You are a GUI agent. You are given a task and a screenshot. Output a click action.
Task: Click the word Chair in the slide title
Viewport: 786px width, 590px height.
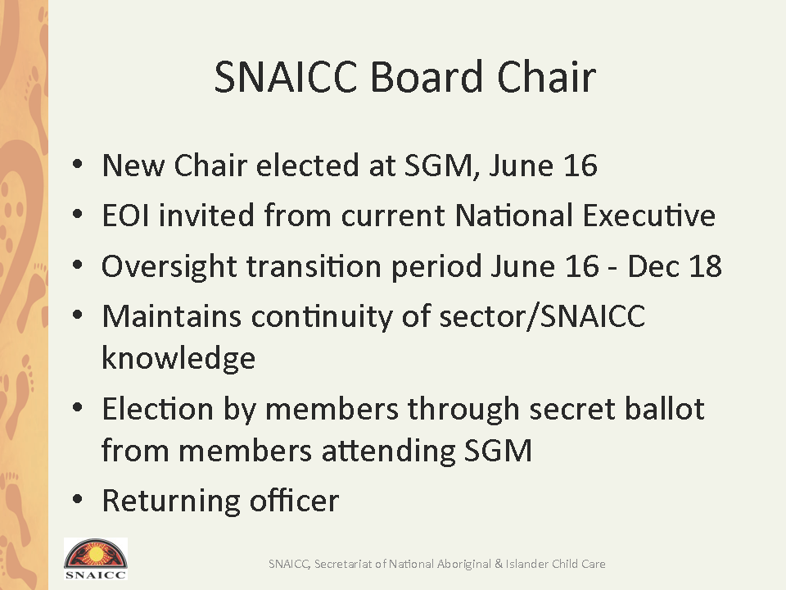click(546, 77)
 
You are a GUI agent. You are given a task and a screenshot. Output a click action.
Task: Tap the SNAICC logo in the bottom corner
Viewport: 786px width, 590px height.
click(95, 559)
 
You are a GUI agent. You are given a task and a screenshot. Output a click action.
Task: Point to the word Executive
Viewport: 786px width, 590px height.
click(649, 216)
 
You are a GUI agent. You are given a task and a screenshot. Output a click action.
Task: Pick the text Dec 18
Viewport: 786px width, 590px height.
click(675, 265)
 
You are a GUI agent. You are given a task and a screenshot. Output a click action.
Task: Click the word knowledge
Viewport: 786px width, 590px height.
click(178, 357)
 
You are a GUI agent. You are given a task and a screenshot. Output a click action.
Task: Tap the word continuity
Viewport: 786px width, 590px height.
click(321, 317)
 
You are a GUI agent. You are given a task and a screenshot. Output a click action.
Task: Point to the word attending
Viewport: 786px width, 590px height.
click(388, 451)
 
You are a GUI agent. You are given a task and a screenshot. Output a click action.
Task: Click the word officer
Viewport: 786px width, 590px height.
click(295, 500)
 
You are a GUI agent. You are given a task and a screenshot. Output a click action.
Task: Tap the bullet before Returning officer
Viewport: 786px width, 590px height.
click(77, 499)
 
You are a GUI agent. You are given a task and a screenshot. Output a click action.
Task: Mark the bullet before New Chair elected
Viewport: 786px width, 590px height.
click(77, 164)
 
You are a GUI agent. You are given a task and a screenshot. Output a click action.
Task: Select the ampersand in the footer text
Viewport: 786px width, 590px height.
click(499, 564)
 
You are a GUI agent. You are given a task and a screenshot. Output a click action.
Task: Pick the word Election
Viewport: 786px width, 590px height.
click(158, 408)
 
